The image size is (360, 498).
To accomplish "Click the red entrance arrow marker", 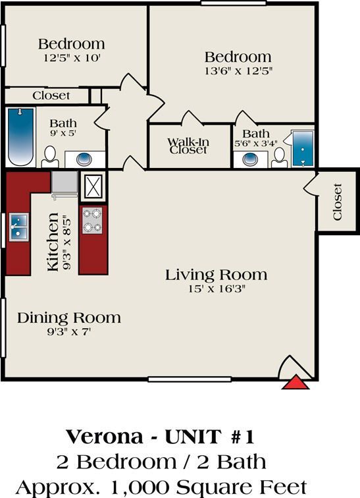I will tap(296, 382).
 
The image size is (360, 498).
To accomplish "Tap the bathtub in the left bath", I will tap(20, 137).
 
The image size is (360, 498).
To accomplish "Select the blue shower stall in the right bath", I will tap(303, 149).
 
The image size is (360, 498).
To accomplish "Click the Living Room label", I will tap(216, 275).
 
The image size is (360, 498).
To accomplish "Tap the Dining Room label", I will tap(69, 318).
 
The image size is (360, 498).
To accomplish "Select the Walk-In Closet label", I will tap(188, 146).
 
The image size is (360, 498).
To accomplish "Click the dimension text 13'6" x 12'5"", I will tap(238, 70).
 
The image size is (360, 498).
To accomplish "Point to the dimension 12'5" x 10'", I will tap(71, 57).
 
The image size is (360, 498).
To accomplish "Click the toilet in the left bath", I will tap(49, 157).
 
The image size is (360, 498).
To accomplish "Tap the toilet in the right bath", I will tap(279, 157).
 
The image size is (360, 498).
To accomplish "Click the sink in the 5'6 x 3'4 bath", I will tap(251, 159).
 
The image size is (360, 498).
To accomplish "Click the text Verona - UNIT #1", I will tap(160, 437).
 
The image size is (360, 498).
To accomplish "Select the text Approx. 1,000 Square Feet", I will tap(161, 487).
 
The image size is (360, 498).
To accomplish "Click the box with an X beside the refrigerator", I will tap(93, 186).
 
